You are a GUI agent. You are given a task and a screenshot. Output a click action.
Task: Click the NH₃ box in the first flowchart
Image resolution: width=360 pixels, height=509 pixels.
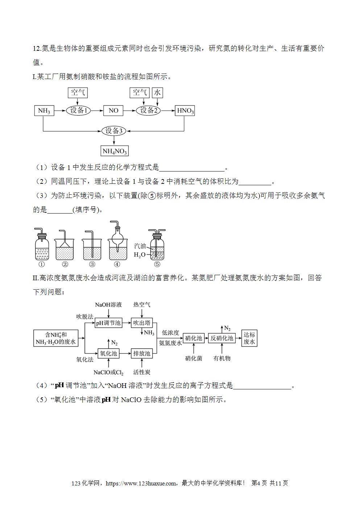pos(44,111)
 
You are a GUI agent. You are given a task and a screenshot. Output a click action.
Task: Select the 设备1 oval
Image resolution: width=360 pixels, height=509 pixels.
pos(78,111)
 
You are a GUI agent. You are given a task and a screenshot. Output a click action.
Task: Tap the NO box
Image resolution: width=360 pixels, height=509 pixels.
pos(113,111)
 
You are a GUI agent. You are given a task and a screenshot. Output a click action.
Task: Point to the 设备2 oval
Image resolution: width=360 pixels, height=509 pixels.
pos(148,111)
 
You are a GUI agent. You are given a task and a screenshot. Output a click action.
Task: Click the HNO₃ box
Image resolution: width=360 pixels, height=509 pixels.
pos(185,111)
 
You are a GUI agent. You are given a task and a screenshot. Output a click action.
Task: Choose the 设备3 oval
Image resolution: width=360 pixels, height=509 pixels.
pos(113,131)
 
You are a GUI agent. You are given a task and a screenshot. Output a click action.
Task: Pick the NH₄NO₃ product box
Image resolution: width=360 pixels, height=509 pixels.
pos(115,151)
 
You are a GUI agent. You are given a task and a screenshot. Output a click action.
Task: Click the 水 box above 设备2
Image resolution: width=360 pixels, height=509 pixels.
pos(157,93)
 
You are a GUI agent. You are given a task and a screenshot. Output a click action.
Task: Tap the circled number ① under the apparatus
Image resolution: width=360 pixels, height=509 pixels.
pos(42,264)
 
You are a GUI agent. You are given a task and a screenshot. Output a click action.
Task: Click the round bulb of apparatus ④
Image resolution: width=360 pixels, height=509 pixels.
pos(118,239)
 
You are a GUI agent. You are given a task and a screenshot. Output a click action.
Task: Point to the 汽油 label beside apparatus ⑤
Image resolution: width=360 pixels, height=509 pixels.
pos(140,246)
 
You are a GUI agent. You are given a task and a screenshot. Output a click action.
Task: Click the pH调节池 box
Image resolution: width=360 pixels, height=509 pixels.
pos(108,323)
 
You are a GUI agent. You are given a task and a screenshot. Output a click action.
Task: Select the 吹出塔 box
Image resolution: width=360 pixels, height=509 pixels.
pos(142,323)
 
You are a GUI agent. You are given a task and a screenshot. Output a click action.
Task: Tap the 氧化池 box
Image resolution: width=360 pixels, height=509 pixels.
pos(108,353)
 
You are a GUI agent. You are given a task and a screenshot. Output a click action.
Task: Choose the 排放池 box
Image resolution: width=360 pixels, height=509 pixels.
pos(142,353)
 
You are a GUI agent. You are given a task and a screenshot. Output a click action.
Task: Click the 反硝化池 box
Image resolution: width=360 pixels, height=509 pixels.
pos(222,338)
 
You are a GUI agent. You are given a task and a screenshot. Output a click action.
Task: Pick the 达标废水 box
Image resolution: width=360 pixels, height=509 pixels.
pos(249,338)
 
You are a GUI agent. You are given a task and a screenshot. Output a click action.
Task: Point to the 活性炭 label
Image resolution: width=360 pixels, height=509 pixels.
pos(142,372)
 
